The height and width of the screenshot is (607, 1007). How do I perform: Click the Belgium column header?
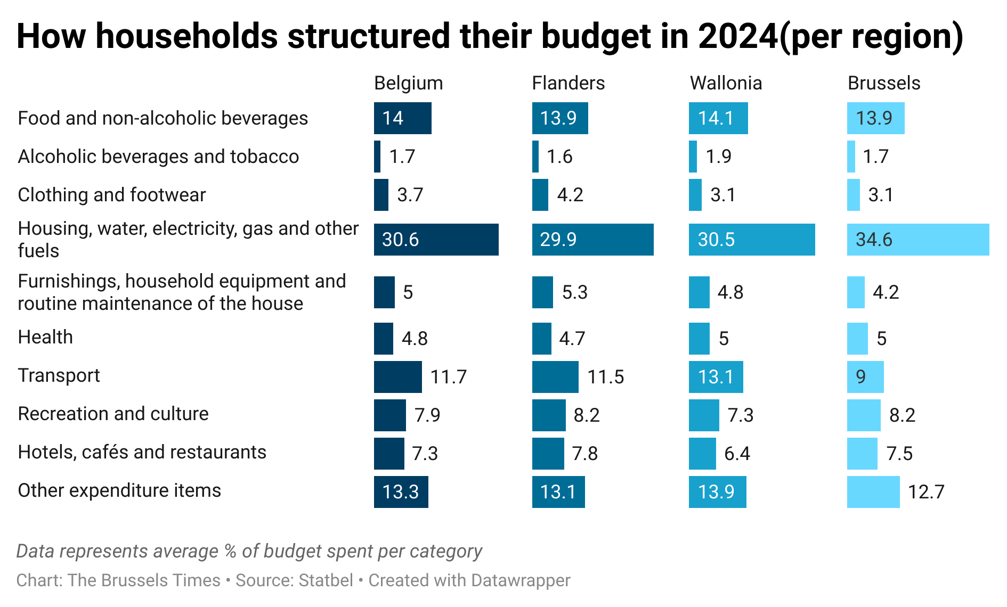click(408, 83)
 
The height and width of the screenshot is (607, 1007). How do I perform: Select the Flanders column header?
click(568, 83)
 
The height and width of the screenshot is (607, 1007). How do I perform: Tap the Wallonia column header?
click(726, 83)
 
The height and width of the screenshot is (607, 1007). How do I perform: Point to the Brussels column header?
click(884, 83)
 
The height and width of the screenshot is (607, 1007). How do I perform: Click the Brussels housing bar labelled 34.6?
click(917, 240)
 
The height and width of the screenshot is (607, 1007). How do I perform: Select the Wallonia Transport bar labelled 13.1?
click(716, 377)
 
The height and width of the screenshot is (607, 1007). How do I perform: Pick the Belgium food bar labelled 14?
click(402, 118)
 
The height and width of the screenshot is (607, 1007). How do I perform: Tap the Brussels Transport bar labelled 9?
click(865, 377)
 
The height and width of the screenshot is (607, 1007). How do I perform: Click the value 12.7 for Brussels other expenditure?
click(926, 491)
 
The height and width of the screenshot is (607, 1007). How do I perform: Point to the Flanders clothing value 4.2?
click(570, 195)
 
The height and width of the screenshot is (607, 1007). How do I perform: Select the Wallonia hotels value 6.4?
click(737, 454)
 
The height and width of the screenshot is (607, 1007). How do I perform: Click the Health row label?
click(45, 337)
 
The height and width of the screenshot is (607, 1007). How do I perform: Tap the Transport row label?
click(59, 375)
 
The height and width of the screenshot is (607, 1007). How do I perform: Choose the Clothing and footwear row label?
click(111, 195)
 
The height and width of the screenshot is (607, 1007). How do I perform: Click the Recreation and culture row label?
click(113, 414)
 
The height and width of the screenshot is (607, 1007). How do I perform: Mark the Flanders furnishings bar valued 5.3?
click(542, 292)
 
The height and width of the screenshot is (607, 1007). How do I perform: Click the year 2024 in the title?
click(738, 36)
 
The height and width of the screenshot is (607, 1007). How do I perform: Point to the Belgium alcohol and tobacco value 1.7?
click(402, 157)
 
